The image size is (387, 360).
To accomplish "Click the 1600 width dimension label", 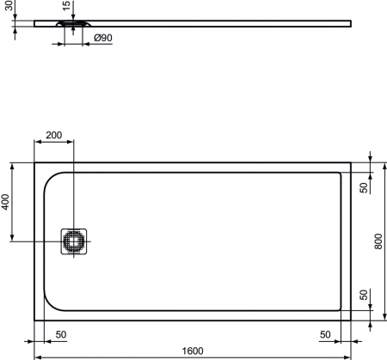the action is tap(193, 351).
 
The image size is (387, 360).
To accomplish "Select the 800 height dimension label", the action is tap(378, 241).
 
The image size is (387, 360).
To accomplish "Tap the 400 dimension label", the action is tap(5, 202).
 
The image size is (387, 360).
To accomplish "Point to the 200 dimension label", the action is tap(54, 135).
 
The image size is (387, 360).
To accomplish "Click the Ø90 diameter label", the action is tap(103, 38).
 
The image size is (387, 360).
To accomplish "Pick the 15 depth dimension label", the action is tap(66, 6).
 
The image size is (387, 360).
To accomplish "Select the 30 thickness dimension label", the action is tap(9, 6).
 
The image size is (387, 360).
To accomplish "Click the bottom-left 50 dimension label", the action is tap(61, 334).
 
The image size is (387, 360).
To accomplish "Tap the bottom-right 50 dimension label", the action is tap(325, 334).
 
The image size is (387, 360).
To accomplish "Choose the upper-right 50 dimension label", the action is tap(364, 188).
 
